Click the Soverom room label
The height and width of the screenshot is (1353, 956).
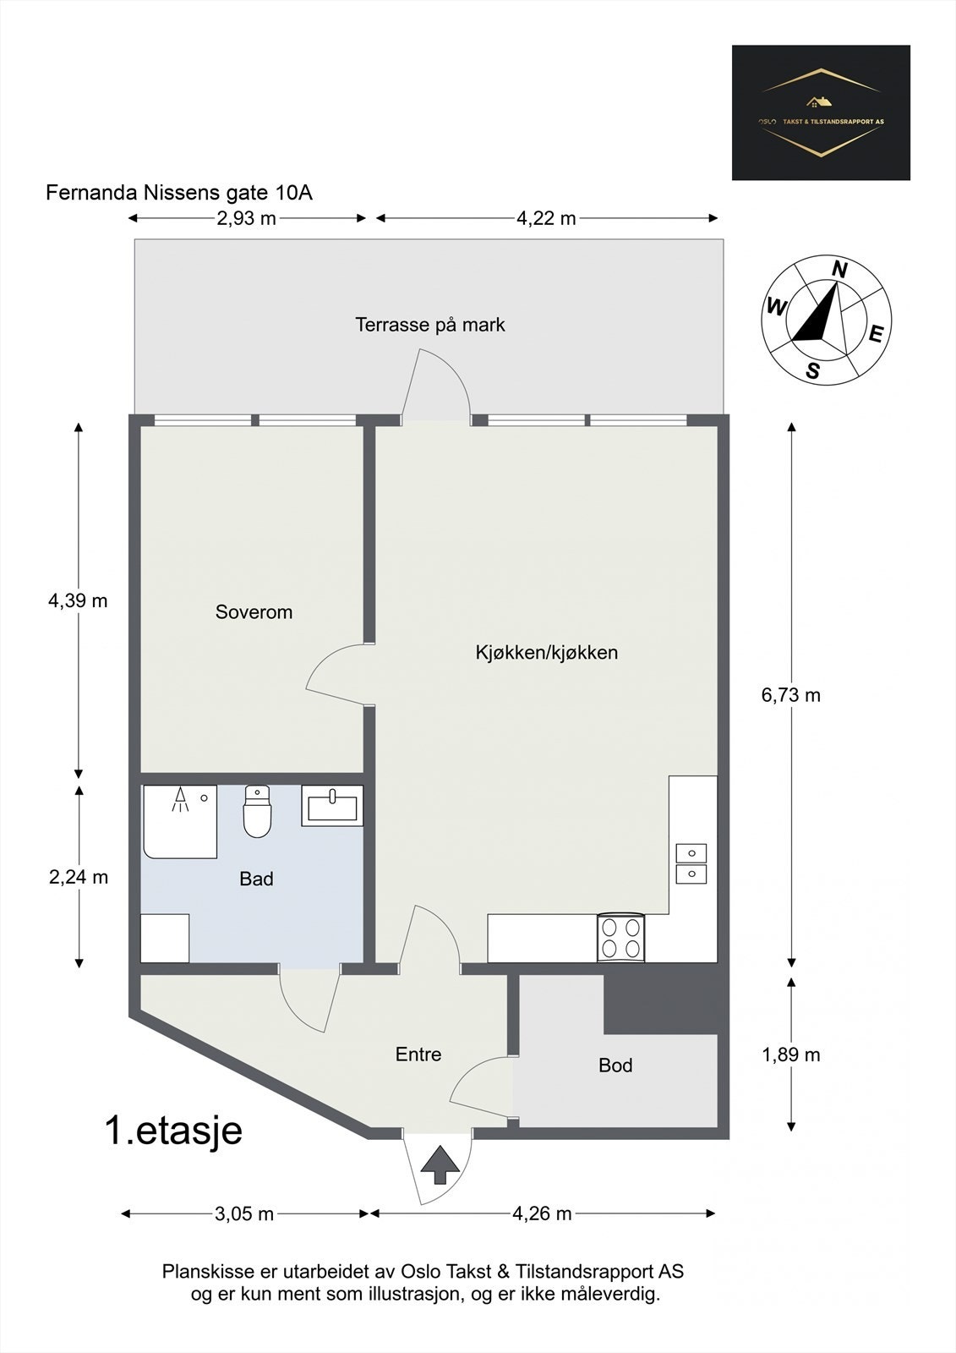point(254,612)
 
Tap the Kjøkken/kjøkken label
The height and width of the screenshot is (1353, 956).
point(546,653)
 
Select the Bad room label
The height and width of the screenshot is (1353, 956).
point(256,879)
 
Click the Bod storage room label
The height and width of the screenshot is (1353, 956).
point(615,1065)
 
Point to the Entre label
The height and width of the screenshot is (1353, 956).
point(418,1054)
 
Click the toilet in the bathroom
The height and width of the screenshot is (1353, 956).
point(256,813)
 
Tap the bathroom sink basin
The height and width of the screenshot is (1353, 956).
point(332,806)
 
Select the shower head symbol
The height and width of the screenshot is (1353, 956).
point(179,800)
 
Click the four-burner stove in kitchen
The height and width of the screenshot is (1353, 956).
point(621,938)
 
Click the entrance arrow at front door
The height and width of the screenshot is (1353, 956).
point(440,1165)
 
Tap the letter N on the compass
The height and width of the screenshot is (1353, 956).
point(839,270)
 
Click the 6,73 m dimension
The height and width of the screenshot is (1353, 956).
point(790,695)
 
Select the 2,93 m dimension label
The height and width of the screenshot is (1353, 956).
point(246,218)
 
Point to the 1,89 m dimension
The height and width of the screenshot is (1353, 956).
point(790,1054)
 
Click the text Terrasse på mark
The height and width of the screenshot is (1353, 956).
point(429,325)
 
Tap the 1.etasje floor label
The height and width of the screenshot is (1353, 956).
point(173,1131)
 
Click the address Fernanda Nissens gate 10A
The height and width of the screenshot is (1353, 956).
point(179,193)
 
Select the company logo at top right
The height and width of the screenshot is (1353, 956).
point(821,112)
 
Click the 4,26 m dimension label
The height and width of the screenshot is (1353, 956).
point(542,1213)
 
